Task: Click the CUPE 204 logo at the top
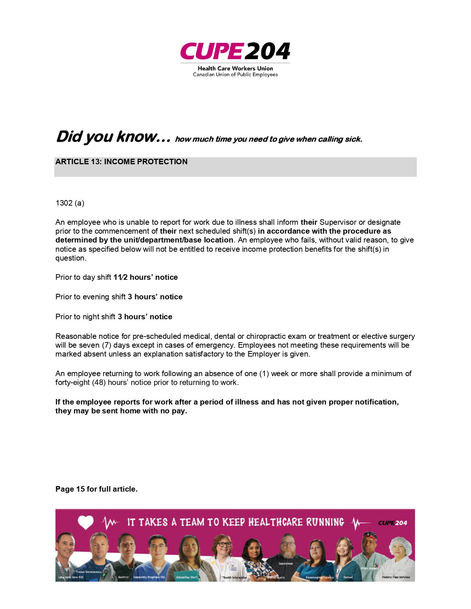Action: click(235, 51)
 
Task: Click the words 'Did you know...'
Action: click(113, 137)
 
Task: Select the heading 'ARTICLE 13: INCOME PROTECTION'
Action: click(122, 162)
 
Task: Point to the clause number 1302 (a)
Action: click(70, 203)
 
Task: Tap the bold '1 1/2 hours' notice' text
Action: click(146, 277)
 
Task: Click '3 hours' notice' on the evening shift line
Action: click(155, 297)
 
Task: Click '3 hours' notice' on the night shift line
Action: click(145, 317)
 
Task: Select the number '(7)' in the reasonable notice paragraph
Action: click(106, 345)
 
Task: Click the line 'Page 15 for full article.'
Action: click(96, 489)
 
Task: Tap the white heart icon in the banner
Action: click(86, 522)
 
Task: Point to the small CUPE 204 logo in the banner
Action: click(392, 523)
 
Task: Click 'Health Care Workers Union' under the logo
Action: click(235, 68)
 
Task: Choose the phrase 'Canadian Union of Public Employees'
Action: click(235, 75)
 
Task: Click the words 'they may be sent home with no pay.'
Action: click(121, 411)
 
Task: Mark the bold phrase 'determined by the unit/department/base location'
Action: click(144, 240)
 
